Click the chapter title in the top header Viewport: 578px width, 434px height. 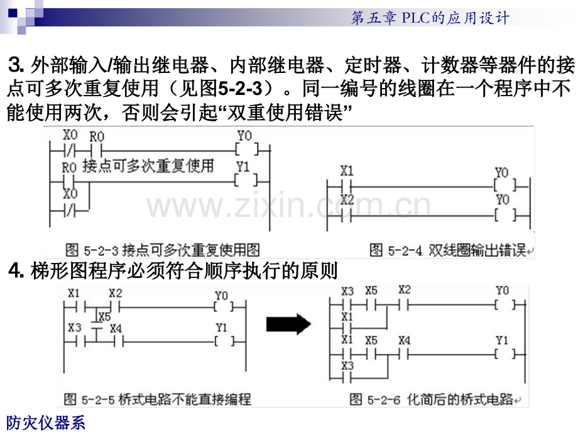tap(430, 18)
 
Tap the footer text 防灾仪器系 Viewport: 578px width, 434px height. tap(46, 423)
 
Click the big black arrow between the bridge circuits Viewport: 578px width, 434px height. tap(288, 325)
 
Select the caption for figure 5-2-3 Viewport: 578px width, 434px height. tap(163, 250)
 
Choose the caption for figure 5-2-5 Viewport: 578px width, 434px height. tap(158, 399)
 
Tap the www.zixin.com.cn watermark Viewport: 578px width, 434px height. tap(288, 205)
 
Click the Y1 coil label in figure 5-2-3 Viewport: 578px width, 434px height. tap(243, 167)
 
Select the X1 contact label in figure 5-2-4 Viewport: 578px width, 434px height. tap(347, 171)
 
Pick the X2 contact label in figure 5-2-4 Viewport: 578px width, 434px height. tap(347, 199)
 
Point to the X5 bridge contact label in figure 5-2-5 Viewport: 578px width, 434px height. tap(104, 316)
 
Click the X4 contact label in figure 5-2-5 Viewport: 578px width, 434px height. tap(116, 328)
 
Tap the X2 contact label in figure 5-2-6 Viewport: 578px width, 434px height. tap(405, 290)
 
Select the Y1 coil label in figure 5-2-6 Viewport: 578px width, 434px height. tap(502, 340)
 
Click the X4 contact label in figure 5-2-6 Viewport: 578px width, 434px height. tap(405, 340)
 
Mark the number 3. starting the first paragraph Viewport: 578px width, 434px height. tap(16, 65)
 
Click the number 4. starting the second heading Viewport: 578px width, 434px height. tap(16, 270)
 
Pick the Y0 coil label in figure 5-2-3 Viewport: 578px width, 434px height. tap(244, 135)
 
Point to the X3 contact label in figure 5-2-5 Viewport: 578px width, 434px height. tap(75, 327)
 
